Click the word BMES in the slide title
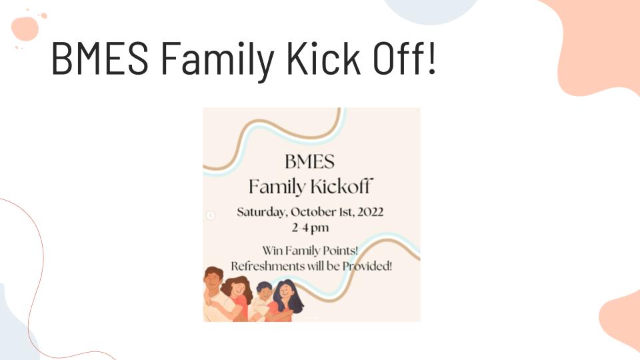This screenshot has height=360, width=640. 100,58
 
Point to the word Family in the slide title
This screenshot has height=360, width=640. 217,61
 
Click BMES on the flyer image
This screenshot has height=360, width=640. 310,161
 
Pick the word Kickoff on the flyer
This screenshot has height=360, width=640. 341,186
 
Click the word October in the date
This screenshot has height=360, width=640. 313,212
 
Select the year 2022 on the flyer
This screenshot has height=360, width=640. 370,212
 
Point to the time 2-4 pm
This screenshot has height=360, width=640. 310,228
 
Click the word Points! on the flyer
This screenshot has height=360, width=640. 341,250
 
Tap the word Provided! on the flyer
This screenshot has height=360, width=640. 367,266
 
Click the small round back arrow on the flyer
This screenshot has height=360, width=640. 210,215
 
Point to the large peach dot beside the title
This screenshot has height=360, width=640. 25,29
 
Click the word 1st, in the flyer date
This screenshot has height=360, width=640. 347,212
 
